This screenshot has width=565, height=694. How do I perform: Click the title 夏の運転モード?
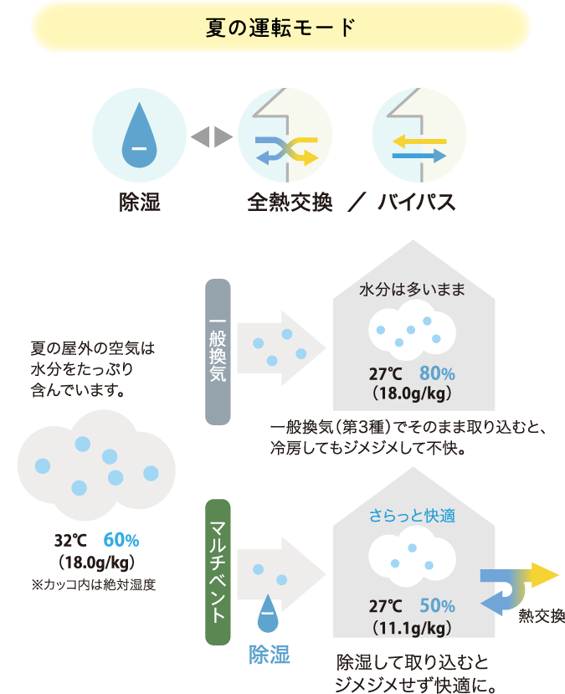[280, 28]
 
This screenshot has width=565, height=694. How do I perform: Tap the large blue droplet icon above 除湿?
[140, 135]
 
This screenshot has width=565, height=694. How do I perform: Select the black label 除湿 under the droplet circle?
[140, 203]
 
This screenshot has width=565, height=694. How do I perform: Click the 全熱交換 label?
[290, 203]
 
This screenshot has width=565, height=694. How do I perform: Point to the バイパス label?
[416, 203]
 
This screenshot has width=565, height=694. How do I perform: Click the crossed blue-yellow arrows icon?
[286, 151]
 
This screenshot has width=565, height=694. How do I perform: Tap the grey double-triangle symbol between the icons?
[212, 136]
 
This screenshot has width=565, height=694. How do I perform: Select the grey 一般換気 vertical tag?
[218, 352]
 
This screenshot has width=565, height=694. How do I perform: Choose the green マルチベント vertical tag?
[218, 572]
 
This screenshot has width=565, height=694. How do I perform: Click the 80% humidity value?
[437, 373]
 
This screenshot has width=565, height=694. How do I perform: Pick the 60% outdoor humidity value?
[121, 540]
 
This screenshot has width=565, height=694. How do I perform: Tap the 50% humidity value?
[437, 605]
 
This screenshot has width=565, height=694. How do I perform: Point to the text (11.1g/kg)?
[412, 628]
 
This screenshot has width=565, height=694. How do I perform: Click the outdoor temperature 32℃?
[71, 541]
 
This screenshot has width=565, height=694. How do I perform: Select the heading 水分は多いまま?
[413, 290]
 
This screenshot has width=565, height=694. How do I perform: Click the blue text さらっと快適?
[413, 516]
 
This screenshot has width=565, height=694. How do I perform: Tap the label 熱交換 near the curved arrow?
[542, 615]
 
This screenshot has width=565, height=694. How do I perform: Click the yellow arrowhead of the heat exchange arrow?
[545, 575]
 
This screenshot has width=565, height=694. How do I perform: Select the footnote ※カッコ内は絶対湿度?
[94, 584]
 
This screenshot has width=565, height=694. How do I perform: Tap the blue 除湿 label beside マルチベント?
[269, 655]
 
